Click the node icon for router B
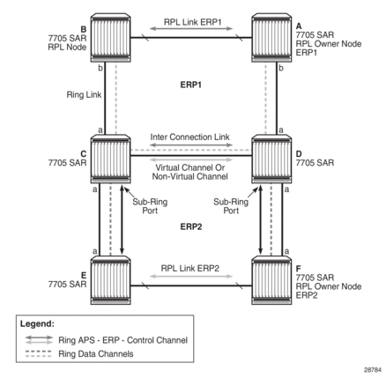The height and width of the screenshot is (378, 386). click(110, 38)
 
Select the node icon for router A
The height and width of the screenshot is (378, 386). click(271, 38)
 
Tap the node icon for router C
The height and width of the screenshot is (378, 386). click(110, 159)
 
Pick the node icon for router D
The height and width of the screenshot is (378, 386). click(271, 159)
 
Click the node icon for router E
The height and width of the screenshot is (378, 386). click(110, 280)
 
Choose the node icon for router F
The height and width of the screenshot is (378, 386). click(271, 280)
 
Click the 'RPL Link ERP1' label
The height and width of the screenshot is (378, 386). click(192, 22)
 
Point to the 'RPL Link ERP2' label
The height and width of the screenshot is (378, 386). click(190, 269)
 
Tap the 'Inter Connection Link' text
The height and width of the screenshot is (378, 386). click(190, 137)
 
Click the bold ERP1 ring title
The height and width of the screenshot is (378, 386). click(191, 85)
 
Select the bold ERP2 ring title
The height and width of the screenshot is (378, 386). click(191, 226)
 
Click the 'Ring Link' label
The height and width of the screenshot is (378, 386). click(84, 95)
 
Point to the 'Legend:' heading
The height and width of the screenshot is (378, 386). click(37, 324)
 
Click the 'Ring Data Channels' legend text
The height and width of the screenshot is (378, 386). click(96, 354)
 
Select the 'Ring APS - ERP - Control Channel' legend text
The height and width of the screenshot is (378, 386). click(122, 340)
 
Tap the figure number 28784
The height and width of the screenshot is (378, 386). click(373, 369)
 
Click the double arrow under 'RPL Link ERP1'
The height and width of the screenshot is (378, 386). click(191, 29)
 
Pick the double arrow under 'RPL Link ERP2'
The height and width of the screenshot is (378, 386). click(191, 276)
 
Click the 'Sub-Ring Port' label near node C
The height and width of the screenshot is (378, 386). click(150, 206)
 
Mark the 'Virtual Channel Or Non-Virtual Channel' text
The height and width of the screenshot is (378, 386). click(190, 172)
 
